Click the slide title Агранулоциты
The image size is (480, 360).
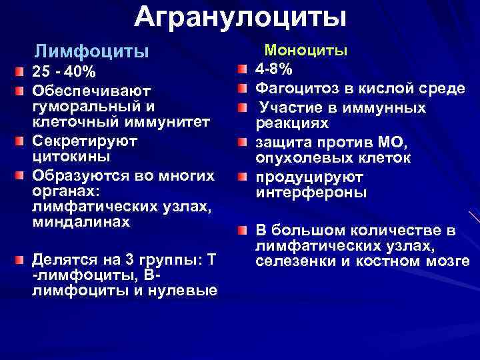240,17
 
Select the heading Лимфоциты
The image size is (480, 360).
91,51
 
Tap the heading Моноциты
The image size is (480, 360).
306,50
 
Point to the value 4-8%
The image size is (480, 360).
275,69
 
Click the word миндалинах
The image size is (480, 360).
81,222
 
